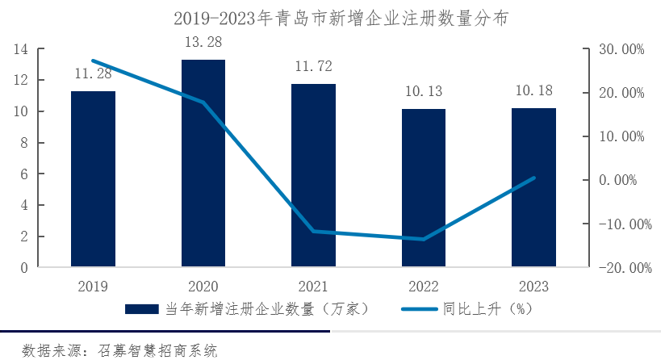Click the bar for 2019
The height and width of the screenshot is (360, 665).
pyautogui.click(x=93, y=179)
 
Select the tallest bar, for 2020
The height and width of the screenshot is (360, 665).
pyautogui.click(x=203, y=163)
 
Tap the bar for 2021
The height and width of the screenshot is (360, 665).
pyautogui.click(x=313, y=176)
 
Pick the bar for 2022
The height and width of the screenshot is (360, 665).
pyautogui.click(x=424, y=188)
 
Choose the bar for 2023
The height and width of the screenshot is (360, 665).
pyautogui.click(x=533, y=187)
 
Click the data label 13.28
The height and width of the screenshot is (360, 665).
pyautogui.click(x=203, y=42)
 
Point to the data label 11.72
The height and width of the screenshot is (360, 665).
pyautogui.click(x=313, y=66)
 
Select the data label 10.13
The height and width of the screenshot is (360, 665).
pyautogui.click(x=424, y=91)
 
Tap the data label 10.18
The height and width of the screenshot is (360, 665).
pyautogui.click(x=533, y=90)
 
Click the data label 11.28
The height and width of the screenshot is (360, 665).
pyautogui.click(x=93, y=74)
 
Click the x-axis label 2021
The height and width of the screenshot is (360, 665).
pyautogui.click(x=313, y=287)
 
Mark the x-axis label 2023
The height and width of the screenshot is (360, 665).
pyautogui.click(x=533, y=287)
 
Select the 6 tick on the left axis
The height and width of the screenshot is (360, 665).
pyautogui.click(x=24, y=174)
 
